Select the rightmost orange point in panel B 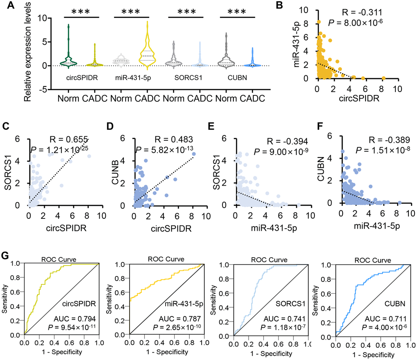(x=383, y=78)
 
